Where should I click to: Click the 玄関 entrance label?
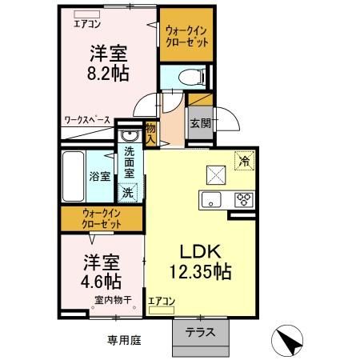pos(200,124)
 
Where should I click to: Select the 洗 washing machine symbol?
pos(128,191)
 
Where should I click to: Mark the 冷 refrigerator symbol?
pos(244,158)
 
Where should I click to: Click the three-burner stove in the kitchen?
pos(242,198)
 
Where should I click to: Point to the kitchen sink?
pos(211,199)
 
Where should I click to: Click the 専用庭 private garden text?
pos(124,339)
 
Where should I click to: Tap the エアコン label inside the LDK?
pos(162,302)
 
